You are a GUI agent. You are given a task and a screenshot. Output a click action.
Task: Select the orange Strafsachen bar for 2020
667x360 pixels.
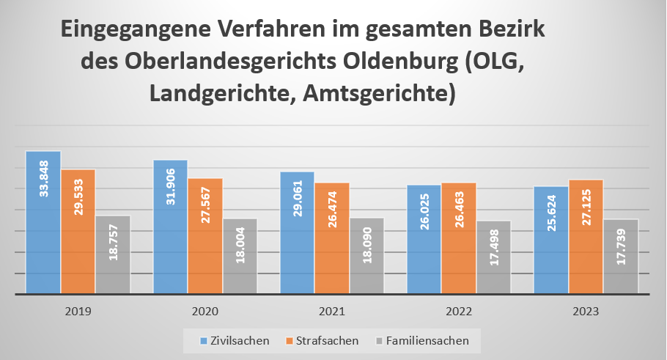[204, 235]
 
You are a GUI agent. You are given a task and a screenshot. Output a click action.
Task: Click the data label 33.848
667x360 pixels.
[43, 179]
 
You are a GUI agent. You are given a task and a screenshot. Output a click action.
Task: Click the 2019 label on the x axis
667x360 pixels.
[78, 311]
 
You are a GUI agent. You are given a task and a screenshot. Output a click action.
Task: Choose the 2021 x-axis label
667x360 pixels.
[331, 311]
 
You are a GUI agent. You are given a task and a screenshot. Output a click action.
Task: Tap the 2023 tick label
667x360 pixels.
[586, 311]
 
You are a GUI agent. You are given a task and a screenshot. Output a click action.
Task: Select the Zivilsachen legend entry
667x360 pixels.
[235, 340]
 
